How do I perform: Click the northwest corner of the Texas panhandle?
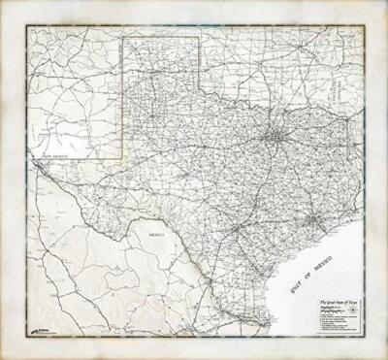pyautogui.click(x=124, y=38)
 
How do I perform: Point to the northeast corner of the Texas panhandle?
pyautogui.click(x=200, y=38)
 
